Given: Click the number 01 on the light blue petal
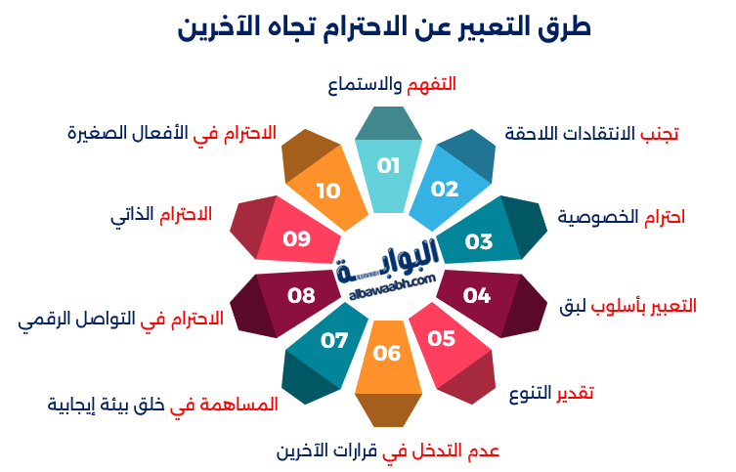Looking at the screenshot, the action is click(x=388, y=165).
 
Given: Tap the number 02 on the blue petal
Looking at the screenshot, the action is click(x=445, y=189).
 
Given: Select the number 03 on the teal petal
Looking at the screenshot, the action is click(x=479, y=241).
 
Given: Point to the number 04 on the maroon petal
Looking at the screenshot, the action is click(x=476, y=295).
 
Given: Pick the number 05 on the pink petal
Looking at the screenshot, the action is click(x=441, y=338).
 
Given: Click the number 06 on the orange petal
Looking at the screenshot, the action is click(x=387, y=354).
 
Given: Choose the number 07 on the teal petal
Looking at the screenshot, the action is click(x=334, y=341).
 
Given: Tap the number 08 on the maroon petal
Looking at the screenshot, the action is click(x=301, y=295).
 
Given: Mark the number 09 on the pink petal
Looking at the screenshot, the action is click(x=297, y=238).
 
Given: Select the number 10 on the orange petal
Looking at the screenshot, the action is click(x=328, y=191).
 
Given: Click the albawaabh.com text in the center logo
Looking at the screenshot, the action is click(x=392, y=287).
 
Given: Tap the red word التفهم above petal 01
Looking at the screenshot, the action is click(x=431, y=85).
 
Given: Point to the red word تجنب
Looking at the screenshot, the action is click(x=660, y=134).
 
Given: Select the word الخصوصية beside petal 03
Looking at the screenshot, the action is click(x=598, y=217).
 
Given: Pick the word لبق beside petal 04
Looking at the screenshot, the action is click(x=573, y=306).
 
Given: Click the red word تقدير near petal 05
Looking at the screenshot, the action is click(x=575, y=392).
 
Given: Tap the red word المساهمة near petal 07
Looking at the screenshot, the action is click(x=238, y=405).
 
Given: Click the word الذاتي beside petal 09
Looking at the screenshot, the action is click(x=132, y=215).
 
